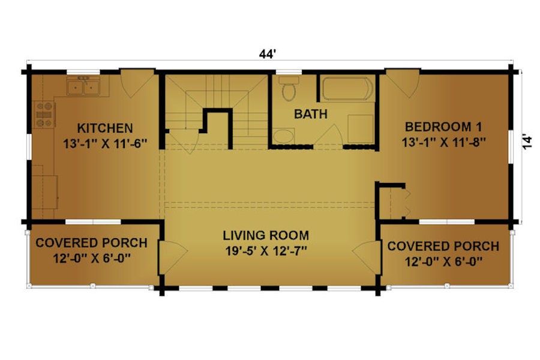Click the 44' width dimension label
click(x=268, y=54)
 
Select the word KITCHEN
click(x=105, y=128)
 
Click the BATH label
click(x=311, y=114)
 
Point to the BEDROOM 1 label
click(x=443, y=127)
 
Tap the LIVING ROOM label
click(x=266, y=236)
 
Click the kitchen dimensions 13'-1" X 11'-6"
click(x=106, y=143)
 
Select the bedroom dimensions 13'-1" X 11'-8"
click(x=444, y=142)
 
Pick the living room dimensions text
click(x=266, y=251)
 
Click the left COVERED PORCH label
click(x=91, y=243)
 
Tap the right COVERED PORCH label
click(x=443, y=247)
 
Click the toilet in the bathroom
click(x=289, y=89)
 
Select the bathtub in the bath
click(x=347, y=89)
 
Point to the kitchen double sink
click(x=83, y=86)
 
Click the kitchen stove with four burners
click(x=44, y=115)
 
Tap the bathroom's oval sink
click(x=284, y=136)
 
